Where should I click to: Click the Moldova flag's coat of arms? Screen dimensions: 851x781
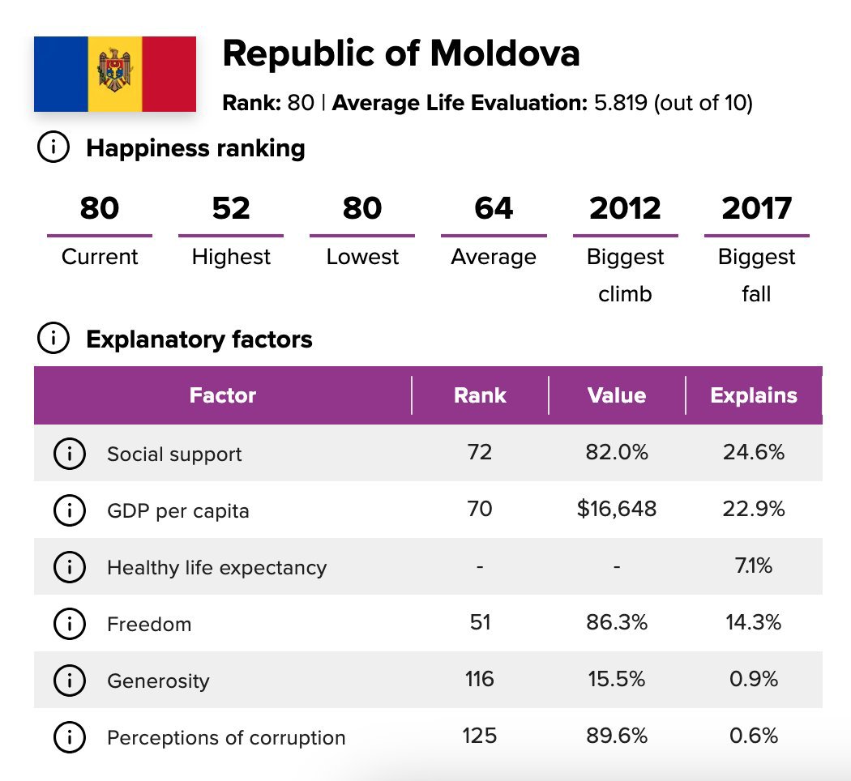pyautogui.click(x=114, y=70)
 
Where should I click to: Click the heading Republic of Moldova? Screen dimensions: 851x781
pyautogui.click(x=401, y=53)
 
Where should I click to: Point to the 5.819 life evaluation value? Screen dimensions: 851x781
pyautogui.click(x=621, y=103)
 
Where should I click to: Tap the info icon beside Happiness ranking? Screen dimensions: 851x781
pyautogui.click(x=53, y=147)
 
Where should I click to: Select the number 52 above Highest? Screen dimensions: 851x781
pyautogui.click(x=231, y=208)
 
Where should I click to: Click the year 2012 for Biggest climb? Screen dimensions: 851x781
pyautogui.click(x=625, y=208)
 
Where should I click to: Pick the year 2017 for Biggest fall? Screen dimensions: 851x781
pyautogui.click(x=756, y=208)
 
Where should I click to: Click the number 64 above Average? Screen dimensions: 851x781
pyautogui.click(x=494, y=208)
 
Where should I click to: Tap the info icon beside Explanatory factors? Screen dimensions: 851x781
pyautogui.click(x=53, y=338)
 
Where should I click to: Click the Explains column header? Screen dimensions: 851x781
pyautogui.click(x=753, y=395)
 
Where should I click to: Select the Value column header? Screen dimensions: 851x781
pyautogui.click(x=617, y=395)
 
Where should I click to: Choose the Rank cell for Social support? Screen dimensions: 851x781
pyautogui.click(x=480, y=452)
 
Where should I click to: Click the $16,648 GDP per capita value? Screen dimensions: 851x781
pyautogui.click(x=617, y=509)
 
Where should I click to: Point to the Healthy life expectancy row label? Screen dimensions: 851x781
pyautogui.click(x=217, y=567)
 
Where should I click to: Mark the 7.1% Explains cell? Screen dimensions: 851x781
pyautogui.click(x=753, y=565)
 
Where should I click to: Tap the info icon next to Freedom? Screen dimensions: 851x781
pyautogui.click(x=70, y=624)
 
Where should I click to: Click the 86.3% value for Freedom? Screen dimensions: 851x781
pyautogui.click(x=617, y=622)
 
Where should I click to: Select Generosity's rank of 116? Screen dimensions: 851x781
pyautogui.click(x=480, y=679)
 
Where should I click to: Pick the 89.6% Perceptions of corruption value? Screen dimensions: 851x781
pyautogui.click(x=617, y=736)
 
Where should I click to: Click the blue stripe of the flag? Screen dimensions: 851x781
pyautogui.click(x=61, y=74)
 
